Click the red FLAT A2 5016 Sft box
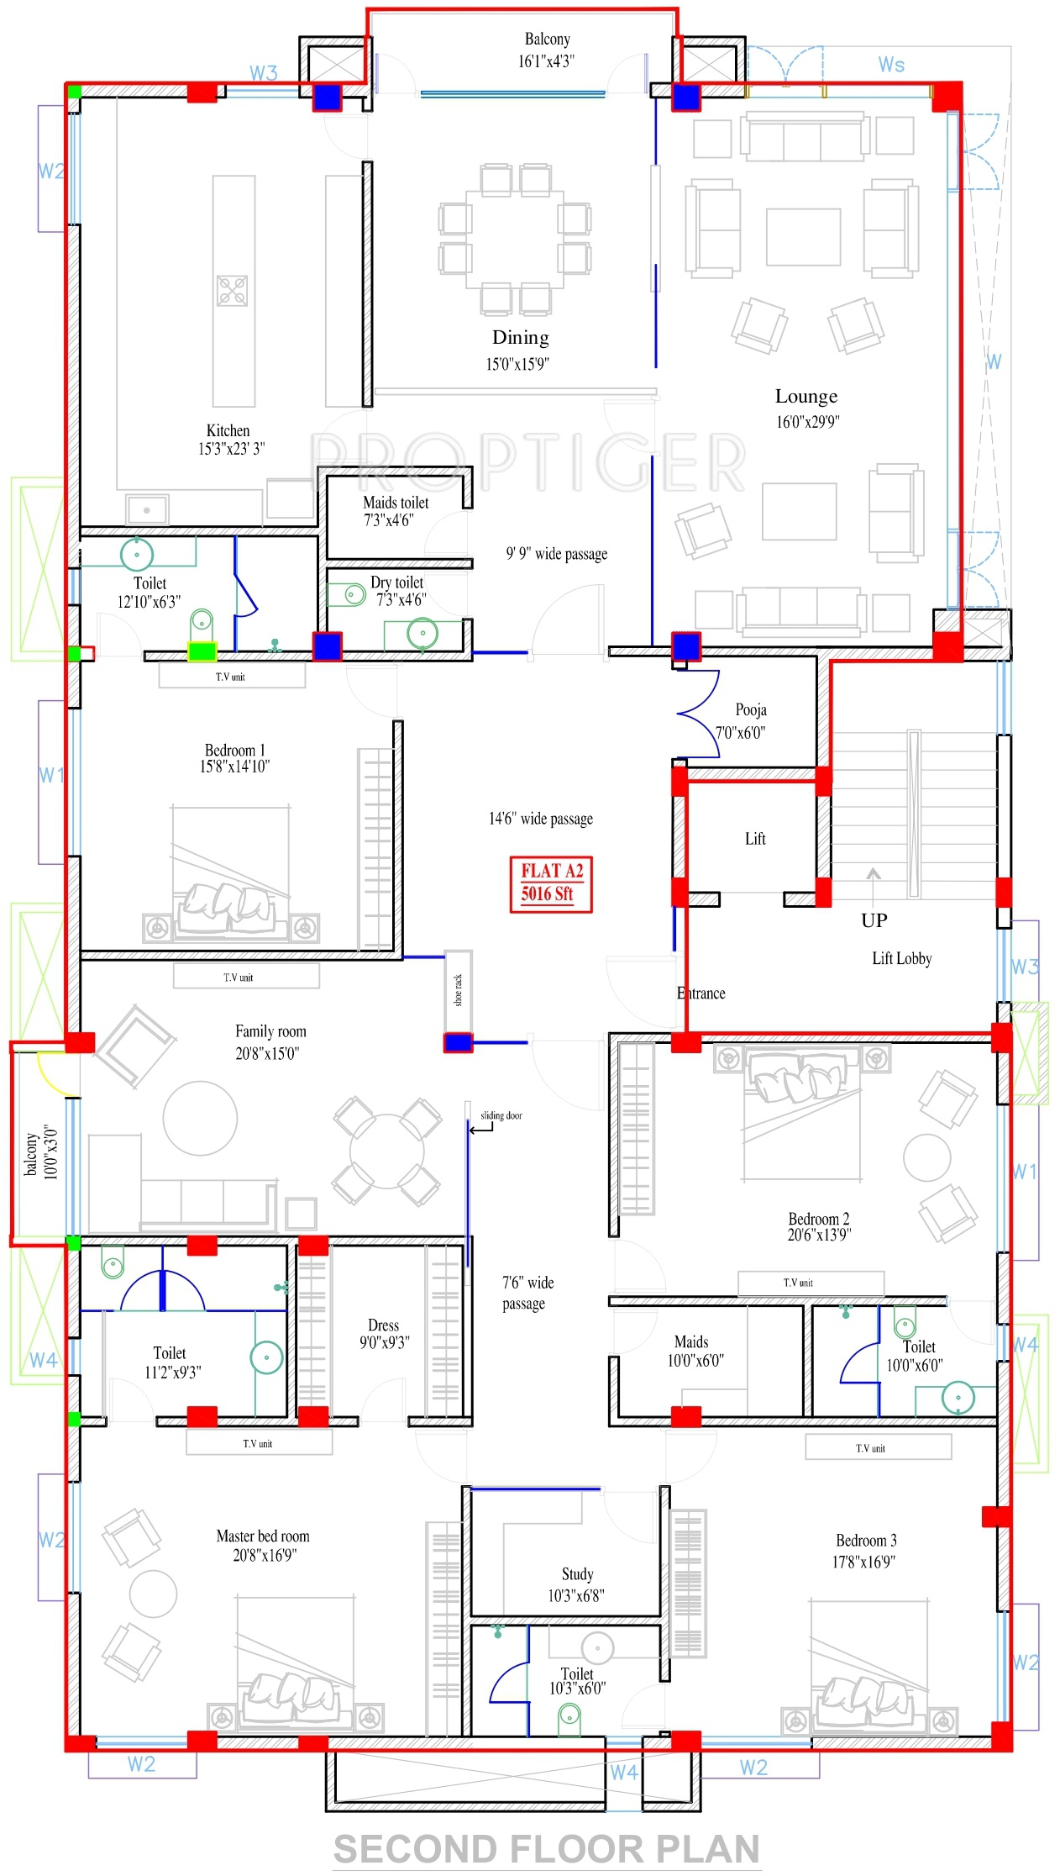(551, 883)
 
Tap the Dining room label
(521, 338)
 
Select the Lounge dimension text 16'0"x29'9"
(807, 422)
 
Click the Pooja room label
(751, 710)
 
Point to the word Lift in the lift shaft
(755, 839)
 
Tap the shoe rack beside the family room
(458, 992)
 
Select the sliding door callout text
(501, 1115)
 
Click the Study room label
(577, 1574)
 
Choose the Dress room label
(383, 1325)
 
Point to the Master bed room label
(263, 1536)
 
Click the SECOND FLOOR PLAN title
(547, 1849)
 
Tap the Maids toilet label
(396, 503)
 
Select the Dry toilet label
(396, 582)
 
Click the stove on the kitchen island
(233, 291)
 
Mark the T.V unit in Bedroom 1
(232, 676)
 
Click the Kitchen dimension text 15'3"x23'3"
(231, 449)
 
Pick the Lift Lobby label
(901, 959)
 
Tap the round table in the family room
(200, 1119)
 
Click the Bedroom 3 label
(866, 1541)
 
